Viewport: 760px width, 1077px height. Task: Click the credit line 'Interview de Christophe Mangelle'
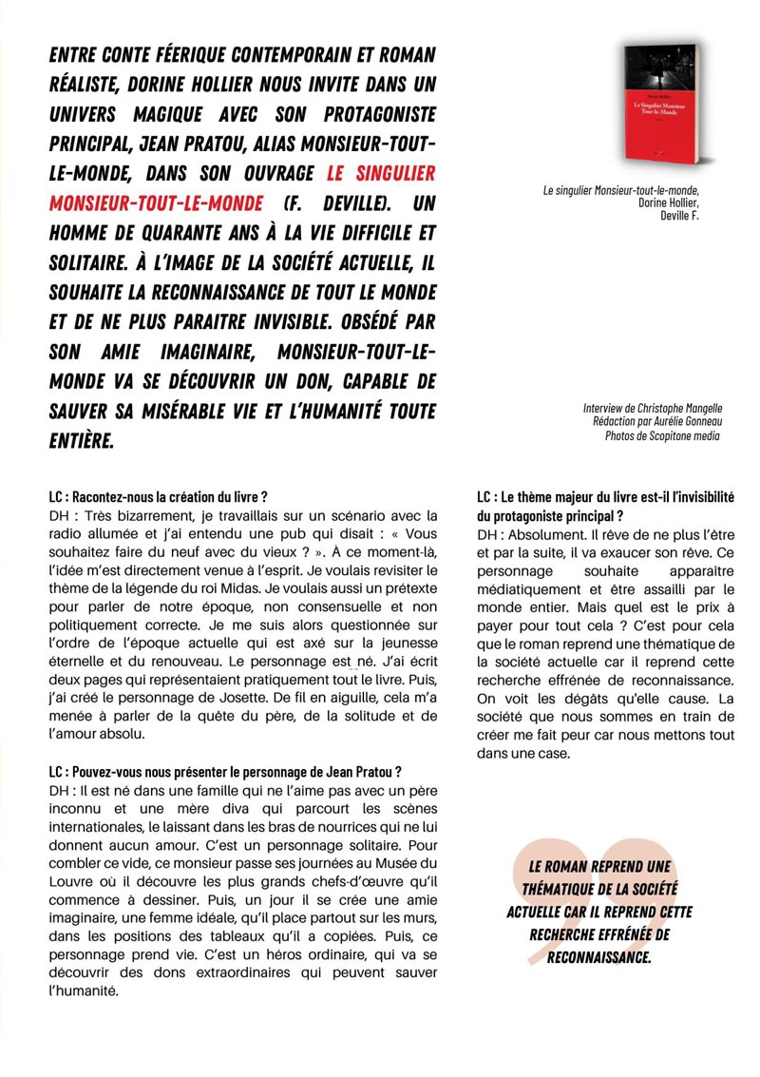click(651, 408)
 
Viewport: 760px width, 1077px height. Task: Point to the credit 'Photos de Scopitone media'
click(662, 435)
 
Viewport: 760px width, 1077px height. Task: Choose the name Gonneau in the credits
click(693, 421)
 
